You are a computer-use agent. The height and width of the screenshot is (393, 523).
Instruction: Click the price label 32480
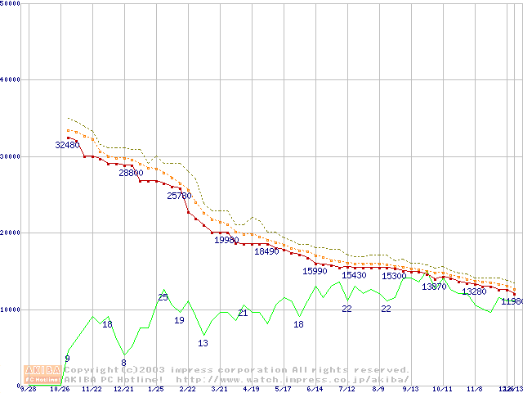point(67,145)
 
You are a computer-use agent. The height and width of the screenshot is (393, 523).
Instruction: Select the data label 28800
point(131,173)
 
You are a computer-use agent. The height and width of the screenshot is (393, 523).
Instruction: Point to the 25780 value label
point(179,196)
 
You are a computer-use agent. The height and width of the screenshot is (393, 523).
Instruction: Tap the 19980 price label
point(226,240)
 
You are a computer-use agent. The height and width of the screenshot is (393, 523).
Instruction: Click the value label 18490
point(266,251)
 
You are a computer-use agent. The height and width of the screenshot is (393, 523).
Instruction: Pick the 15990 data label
point(315,270)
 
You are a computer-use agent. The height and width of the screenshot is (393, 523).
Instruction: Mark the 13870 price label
point(434,287)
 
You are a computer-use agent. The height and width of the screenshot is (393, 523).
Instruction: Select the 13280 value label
point(474,291)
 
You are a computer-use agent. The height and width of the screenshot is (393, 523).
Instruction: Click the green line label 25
point(163,297)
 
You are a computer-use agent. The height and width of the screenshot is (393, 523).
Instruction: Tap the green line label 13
point(203,343)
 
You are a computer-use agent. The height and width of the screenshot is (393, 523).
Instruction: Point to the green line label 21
point(243,313)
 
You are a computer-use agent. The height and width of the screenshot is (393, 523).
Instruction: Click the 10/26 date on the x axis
point(60,389)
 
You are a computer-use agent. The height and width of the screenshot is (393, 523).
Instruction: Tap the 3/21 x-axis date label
point(219,389)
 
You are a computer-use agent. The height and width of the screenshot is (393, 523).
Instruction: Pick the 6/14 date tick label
point(315,389)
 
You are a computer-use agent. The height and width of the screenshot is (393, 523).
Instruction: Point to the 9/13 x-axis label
point(410,389)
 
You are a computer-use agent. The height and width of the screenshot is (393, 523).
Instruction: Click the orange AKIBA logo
point(42,373)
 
